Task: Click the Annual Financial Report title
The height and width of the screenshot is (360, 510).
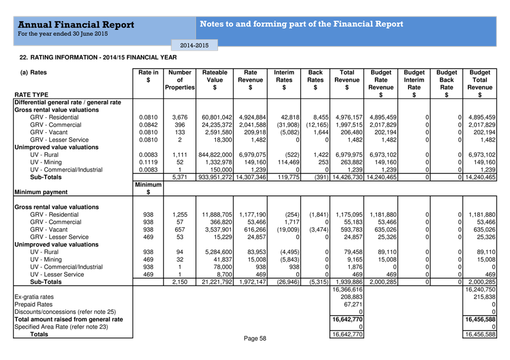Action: click(76, 25)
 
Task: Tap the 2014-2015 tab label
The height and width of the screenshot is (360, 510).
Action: click(190, 45)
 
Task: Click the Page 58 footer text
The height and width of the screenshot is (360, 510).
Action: click(255, 339)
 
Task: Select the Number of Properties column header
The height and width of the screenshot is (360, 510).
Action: click(180, 80)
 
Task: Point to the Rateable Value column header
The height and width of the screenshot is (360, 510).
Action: click(215, 80)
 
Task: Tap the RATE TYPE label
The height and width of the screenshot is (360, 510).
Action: click(32, 95)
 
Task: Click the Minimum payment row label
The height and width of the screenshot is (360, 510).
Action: click(41, 192)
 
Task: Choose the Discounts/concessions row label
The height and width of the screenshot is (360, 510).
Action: click(65, 312)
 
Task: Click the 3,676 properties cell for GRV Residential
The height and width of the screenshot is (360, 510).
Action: click(180, 117)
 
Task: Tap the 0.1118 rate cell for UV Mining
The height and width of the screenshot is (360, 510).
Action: click(148, 162)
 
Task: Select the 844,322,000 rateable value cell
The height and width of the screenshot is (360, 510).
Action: click(215, 155)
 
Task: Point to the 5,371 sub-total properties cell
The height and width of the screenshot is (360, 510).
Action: click(180, 177)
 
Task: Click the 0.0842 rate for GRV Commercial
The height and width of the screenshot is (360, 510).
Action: click(148, 125)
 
